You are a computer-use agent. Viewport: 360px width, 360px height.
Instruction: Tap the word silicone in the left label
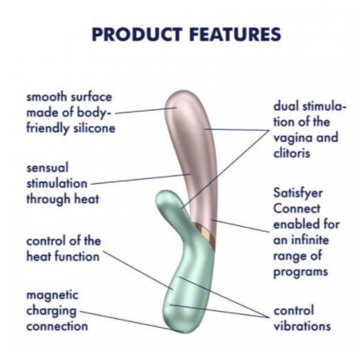[x=94, y=128]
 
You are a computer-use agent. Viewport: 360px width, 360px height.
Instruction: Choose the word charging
[x=51, y=311]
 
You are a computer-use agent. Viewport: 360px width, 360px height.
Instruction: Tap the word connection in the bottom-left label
[x=57, y=326]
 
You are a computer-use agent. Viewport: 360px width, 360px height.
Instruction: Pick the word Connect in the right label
[x=295, y=209]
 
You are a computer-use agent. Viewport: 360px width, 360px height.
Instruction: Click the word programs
[x=300, y=271]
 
